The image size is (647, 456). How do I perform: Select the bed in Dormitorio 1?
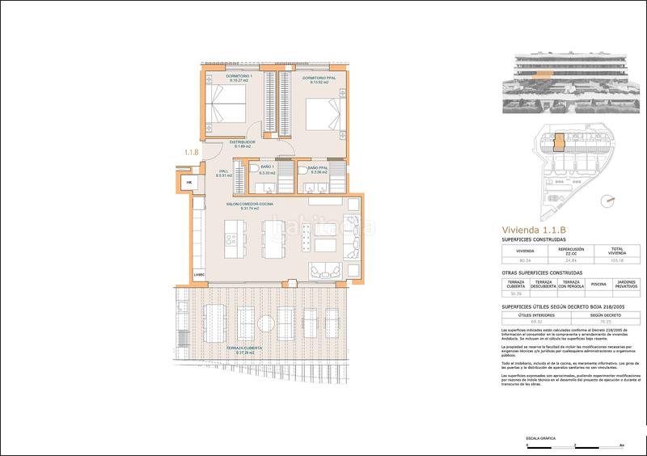point(223,108)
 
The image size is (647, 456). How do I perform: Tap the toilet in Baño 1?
point(254,169)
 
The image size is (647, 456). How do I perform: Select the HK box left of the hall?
point(190,183)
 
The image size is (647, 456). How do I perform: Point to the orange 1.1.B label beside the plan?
point(192,150)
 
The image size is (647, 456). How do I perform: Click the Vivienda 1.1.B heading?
point(532,230)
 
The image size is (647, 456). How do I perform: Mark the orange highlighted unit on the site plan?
point(556,142)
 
